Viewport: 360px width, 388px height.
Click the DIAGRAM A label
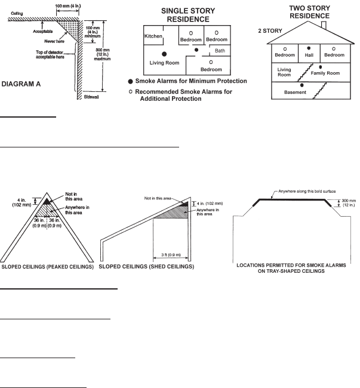tap(28, 84)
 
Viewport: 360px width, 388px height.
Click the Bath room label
tap(220, 50)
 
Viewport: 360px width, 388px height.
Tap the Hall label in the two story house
tap(309, 54)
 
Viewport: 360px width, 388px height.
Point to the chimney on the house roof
tap(323, 24)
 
